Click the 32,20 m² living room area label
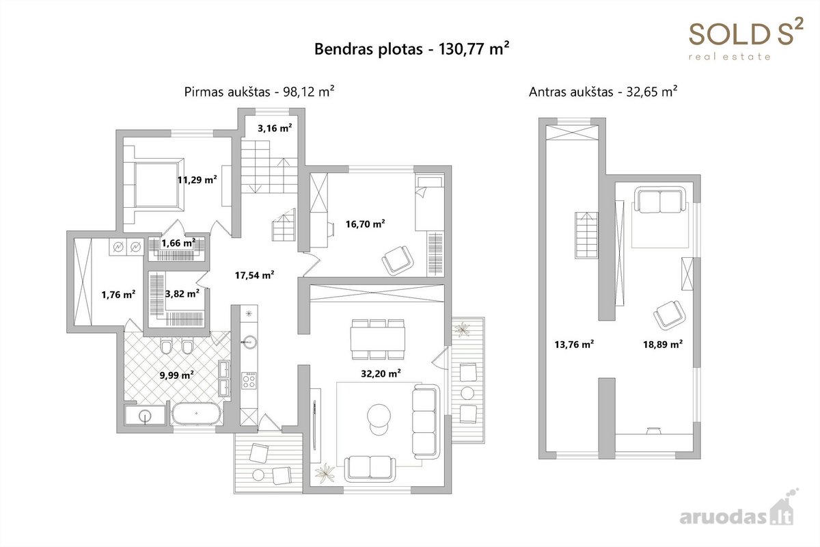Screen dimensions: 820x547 click(381, 373)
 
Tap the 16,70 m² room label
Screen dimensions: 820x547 click(365, 224)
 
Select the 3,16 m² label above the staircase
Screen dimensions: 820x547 click(275, 128)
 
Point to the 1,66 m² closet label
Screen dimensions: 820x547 click(178, 243)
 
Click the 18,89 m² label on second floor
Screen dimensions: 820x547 click(663, 344)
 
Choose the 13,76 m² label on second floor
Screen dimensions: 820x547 click(574, 344)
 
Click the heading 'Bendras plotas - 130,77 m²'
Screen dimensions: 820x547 click(412, 49)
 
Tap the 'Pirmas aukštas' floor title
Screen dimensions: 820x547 click(227, 92)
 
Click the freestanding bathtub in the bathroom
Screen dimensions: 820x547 click(196, 414)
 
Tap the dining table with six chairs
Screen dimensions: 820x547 click(378, 339)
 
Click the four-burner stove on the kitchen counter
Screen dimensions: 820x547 click(249, 380)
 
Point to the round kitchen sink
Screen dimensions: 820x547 click(249, 343)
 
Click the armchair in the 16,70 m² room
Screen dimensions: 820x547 click(398, 260)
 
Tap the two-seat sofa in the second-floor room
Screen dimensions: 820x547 click(660, 199)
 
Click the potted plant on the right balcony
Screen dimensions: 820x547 click(463, 329)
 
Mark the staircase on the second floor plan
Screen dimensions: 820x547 click(586, 235)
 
